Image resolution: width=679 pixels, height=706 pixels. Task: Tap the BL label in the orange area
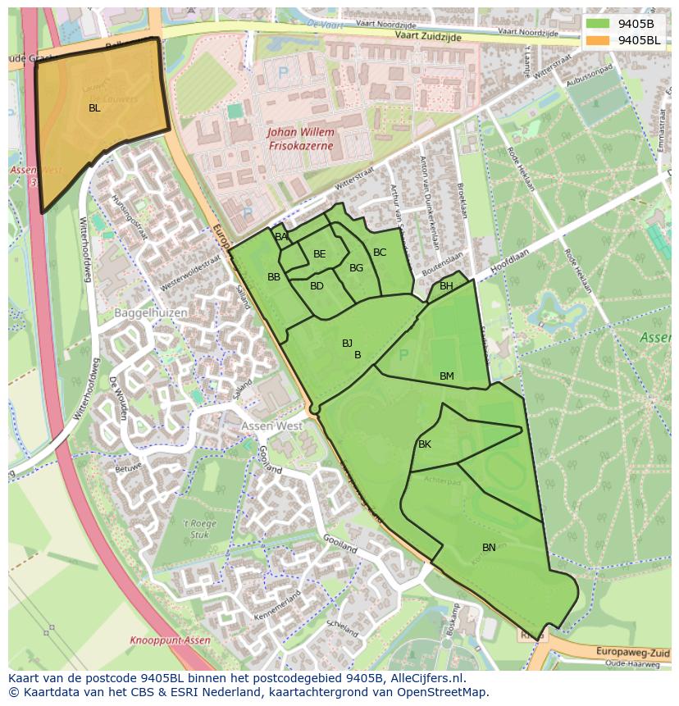coord(94,107)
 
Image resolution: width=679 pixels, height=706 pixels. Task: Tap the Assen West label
coord(271,426)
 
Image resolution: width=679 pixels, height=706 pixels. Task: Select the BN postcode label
coord(489,548)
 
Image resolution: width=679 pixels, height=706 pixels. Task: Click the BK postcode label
coord(425,444)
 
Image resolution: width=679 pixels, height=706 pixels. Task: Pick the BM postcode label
coord(446,376)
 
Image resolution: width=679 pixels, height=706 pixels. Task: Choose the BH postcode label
coord(446,286)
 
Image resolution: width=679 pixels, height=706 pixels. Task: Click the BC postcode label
coord(380,253)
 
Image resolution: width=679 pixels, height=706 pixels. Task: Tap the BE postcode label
coord(320,254)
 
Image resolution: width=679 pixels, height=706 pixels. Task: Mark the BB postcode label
coord(274,277)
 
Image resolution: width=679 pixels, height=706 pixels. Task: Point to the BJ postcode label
coord(347,344)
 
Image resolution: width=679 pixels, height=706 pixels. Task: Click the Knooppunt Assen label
coord(170,640)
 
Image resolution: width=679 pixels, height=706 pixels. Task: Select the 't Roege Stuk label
coord(197,529)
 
